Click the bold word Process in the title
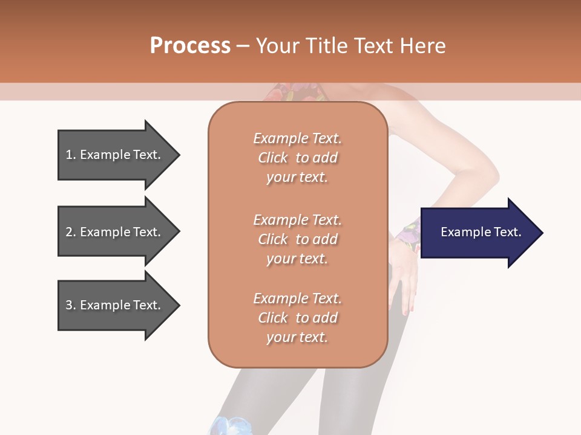(x=190, y=45)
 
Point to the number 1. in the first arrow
(x=71, y=155)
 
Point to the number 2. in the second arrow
(x=71, y=232)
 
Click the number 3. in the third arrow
(x=71, y=305)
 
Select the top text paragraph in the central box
(x=297, y=158)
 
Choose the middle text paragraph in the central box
(x=297, y=239)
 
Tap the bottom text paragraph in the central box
(x=297, y=318)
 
